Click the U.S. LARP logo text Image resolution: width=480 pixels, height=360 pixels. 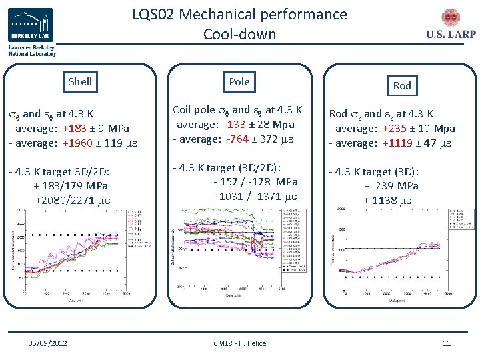[450, 35]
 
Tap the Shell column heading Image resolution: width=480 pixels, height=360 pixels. [80, 82]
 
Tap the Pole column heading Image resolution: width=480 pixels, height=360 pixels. [239, 81]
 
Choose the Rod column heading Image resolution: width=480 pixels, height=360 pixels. [402, 85]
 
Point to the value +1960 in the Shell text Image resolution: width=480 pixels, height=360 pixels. [78, 143]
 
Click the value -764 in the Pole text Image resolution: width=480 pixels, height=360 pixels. [234, 139]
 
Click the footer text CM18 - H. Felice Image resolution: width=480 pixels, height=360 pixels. [239, 343]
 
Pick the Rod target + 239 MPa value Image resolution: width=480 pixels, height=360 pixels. [391, 186]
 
